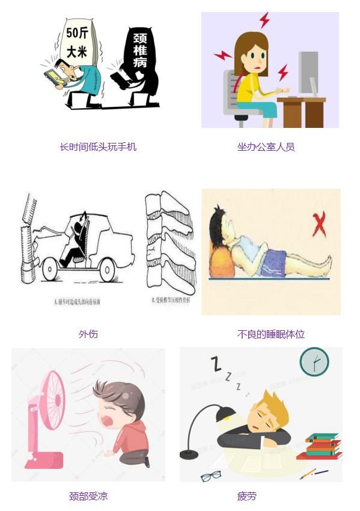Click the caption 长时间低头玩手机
click(98, 147)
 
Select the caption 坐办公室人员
click(266, 147)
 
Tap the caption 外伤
click(88, 334)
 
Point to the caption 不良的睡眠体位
click(270, 334)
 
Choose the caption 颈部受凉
click(88, 496)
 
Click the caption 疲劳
click(246, 496)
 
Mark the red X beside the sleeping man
click(319, 226)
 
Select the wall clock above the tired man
click(314, 362)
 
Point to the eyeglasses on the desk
click(210, 476)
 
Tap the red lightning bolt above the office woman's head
click(264, 20)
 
